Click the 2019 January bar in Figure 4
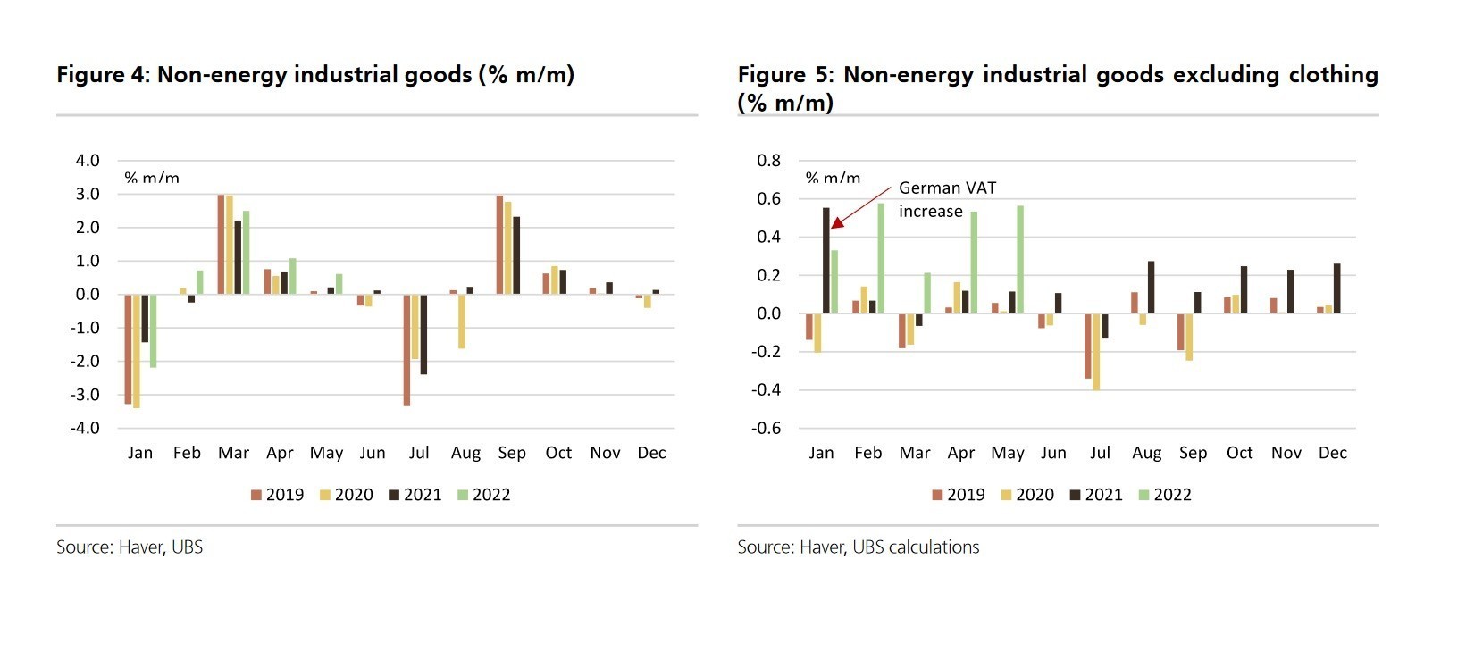click(128, 348)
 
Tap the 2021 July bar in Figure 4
click(423, 334)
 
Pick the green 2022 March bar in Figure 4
click(246, 253)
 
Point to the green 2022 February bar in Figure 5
click(881, 258)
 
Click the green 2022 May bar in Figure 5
click(1020, 260)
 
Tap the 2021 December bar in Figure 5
click(1336, 288)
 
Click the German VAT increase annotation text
click(947, 199)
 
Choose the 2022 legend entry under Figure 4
click(484, 495)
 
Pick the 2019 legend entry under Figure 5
click(959, 495)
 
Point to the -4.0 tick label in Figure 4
click(88, 428)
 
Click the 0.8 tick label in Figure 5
click(768, 161)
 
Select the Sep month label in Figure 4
click(512, 453)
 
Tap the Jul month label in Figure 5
click(1100, 453)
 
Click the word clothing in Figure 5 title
click(1333, 75)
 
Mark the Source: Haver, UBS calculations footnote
click(858, 547)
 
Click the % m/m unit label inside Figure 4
click(152, 178)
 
